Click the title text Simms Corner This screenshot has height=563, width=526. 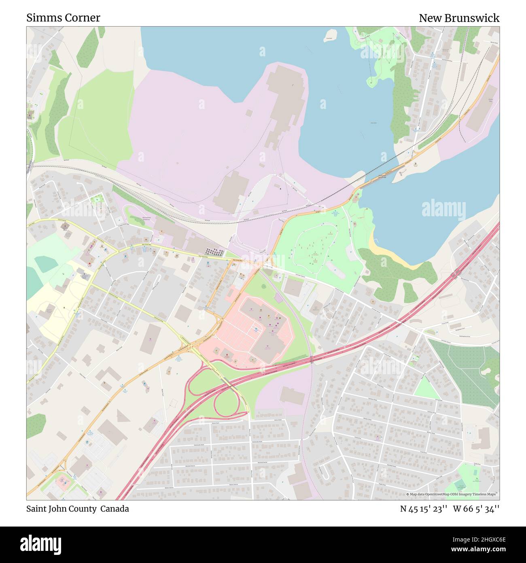click(x=63, y=18)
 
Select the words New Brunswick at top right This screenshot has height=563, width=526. click(x=459, y=18)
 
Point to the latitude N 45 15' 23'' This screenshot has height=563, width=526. click(x=423, y=509)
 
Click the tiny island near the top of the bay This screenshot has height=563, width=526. click(x=331, y=35)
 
